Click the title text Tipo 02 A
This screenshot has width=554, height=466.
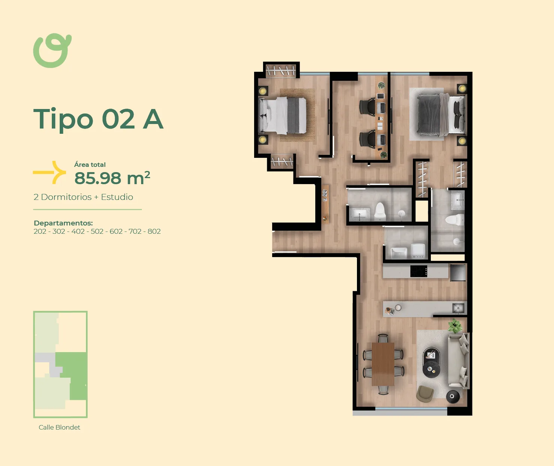98,119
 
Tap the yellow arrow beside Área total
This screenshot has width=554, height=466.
49,172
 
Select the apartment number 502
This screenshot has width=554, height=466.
97,231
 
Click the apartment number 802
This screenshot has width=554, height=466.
154,231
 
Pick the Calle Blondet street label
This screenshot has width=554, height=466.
59,427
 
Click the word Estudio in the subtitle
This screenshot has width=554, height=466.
117,197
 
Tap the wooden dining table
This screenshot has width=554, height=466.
383,364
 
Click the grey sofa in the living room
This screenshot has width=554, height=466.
458,361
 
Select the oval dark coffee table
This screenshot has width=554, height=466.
432,362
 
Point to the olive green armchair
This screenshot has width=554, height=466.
425,394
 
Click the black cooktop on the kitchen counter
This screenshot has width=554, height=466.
419,271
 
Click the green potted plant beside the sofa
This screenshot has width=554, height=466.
455,326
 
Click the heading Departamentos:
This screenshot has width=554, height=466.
63,223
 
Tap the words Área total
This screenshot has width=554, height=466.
90,165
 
